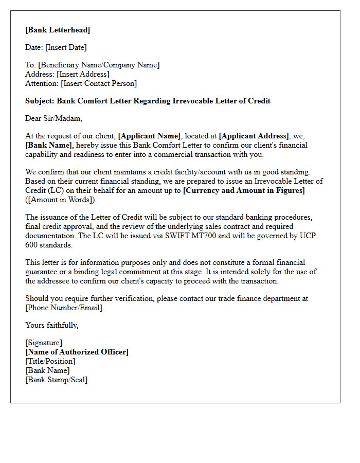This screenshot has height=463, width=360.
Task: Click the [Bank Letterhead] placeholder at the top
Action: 58,30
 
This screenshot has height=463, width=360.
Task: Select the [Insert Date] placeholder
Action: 66,47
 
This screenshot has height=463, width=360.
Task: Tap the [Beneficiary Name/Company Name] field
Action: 99,65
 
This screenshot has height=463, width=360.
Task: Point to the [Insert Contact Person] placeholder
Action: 99,83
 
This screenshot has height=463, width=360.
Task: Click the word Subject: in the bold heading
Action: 40,101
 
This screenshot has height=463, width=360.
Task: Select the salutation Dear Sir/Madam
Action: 53,118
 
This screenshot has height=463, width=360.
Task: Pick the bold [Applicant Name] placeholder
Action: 149,136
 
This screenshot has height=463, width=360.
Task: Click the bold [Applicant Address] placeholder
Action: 254,136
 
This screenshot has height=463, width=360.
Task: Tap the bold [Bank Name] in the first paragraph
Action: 49,145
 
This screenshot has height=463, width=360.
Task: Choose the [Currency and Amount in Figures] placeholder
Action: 244,190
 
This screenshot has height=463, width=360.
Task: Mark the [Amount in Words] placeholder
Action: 61,200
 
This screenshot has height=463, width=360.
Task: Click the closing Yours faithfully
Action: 52,325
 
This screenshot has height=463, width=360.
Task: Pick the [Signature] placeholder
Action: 44,343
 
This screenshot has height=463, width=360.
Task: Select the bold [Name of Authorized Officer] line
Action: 77,352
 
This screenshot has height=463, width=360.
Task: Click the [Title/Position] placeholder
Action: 50,361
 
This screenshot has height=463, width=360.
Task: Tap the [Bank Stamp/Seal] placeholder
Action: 56,380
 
